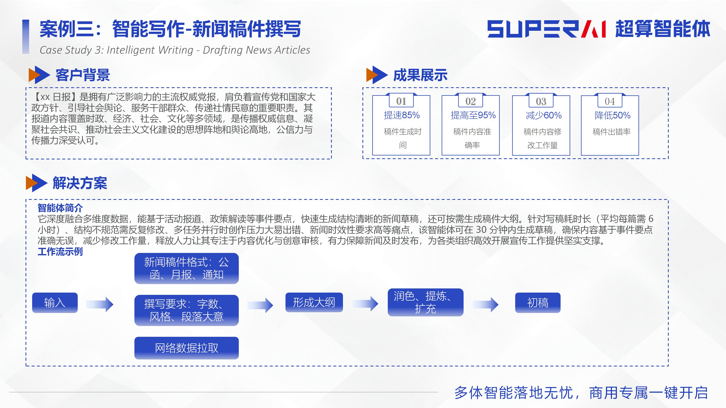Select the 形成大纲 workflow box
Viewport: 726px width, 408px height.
[x=314, y=302]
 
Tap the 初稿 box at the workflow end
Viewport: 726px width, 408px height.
[x=538, y=303]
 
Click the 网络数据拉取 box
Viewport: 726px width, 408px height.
[x=187, y=348]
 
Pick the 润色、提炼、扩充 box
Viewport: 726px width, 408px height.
[x=426, y=302]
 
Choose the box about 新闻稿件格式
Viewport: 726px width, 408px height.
[x=187, y=268]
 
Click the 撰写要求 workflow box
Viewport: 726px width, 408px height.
[x=187, y=310]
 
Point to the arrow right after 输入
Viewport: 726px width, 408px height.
[x=100, y=304]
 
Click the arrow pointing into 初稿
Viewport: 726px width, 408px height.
[x=485, y=304]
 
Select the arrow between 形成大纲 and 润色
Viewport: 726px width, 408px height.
[x=365, y=304]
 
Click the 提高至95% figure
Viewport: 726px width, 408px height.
[x=473, y=115]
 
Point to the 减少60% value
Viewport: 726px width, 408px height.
[x=544, y=115]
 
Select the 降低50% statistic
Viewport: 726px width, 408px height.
[x=612, y=115]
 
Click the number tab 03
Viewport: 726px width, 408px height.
[x=541, y=101]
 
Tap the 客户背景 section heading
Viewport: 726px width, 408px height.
[x=83, y=75]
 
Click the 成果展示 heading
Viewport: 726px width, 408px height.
[x=420, y=75]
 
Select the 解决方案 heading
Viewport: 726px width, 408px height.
[x=80, y=183]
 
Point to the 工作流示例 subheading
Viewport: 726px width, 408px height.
[x=60, y=251]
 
